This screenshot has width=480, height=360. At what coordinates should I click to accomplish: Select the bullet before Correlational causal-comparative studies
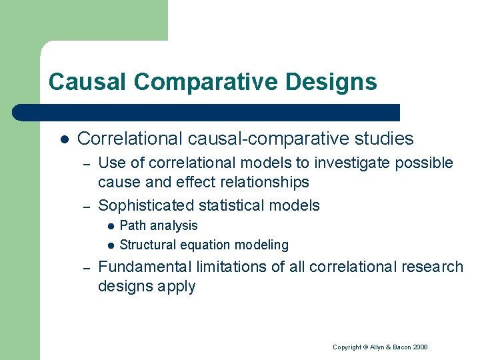[63, 139]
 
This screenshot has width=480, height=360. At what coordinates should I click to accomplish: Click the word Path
[131, 226]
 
